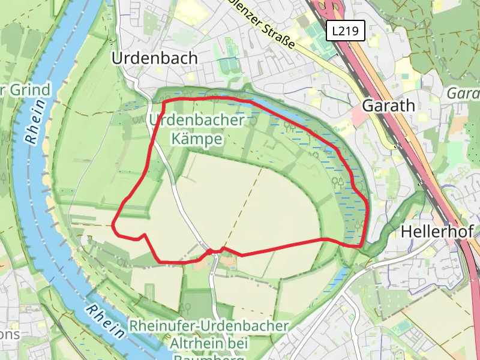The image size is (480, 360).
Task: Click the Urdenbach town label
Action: pos(155,58)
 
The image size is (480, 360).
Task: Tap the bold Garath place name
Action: pos(389,106)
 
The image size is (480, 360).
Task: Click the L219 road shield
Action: pos(347,32)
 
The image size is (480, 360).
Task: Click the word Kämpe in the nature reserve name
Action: pos(197,140)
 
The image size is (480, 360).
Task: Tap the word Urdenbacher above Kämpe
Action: pos(197,120)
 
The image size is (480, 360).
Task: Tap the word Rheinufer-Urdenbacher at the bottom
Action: pos(209,327)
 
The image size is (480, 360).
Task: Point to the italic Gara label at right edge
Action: pos(463,94)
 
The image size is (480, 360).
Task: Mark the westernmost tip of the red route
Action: pos(113,225)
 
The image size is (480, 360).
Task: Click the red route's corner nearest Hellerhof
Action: pos(361,245)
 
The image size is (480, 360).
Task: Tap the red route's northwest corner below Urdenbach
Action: pos(164,101)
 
